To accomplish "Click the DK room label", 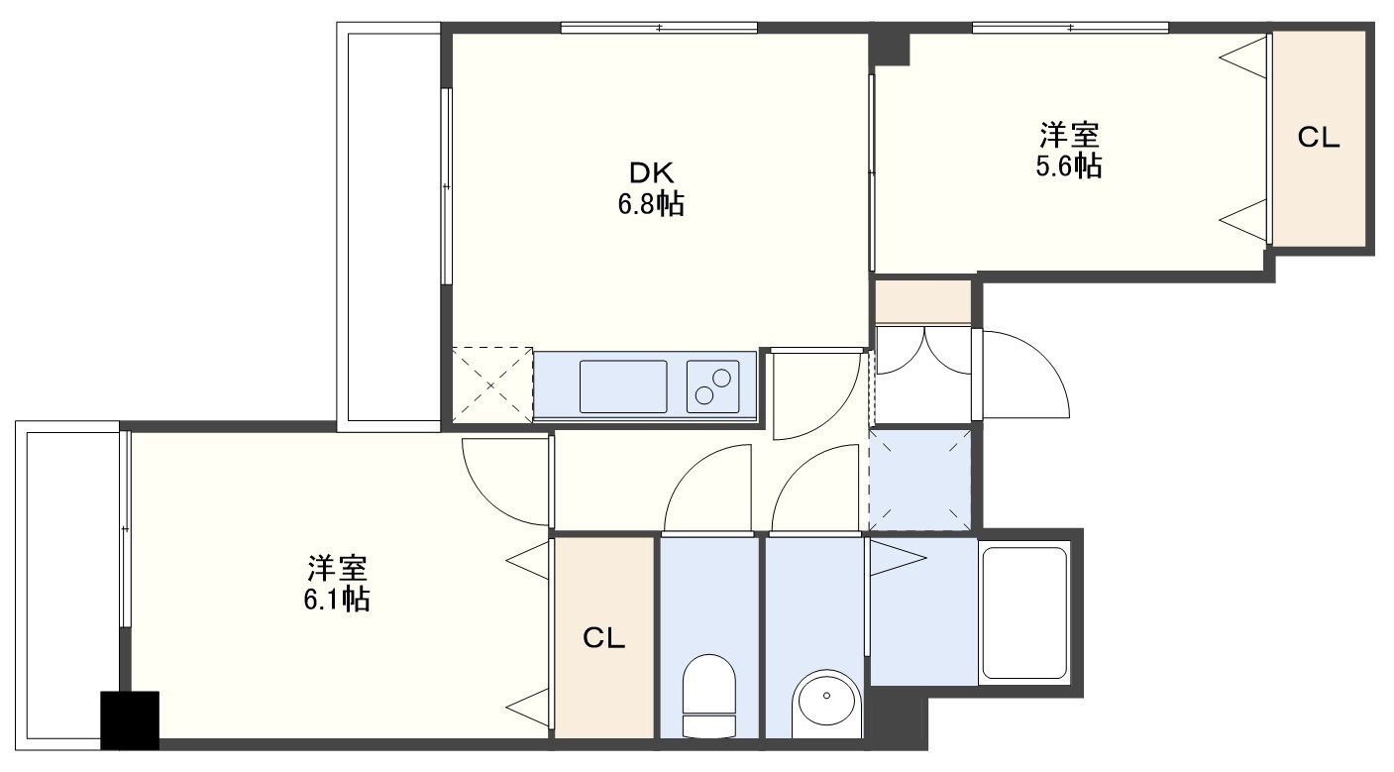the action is pos(651,172).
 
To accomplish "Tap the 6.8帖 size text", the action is pos(651,203).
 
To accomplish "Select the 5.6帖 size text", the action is pos(1068,165).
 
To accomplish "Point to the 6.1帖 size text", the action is pos(337,599).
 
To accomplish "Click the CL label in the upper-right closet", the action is pos(1318,138).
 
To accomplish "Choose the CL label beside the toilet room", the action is pos(603,637).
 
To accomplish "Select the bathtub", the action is pos(1024,612).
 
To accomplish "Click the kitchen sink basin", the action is pos(623,386).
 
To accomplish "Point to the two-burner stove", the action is pos(713,386).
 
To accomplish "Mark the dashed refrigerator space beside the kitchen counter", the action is pos(492,386).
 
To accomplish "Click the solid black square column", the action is pos(130,720).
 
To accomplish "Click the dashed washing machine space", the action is pos(920,480).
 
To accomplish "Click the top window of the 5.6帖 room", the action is pos(1070,28).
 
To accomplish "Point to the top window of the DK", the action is pos(659,28).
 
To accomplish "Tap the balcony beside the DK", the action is pos(389,227).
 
